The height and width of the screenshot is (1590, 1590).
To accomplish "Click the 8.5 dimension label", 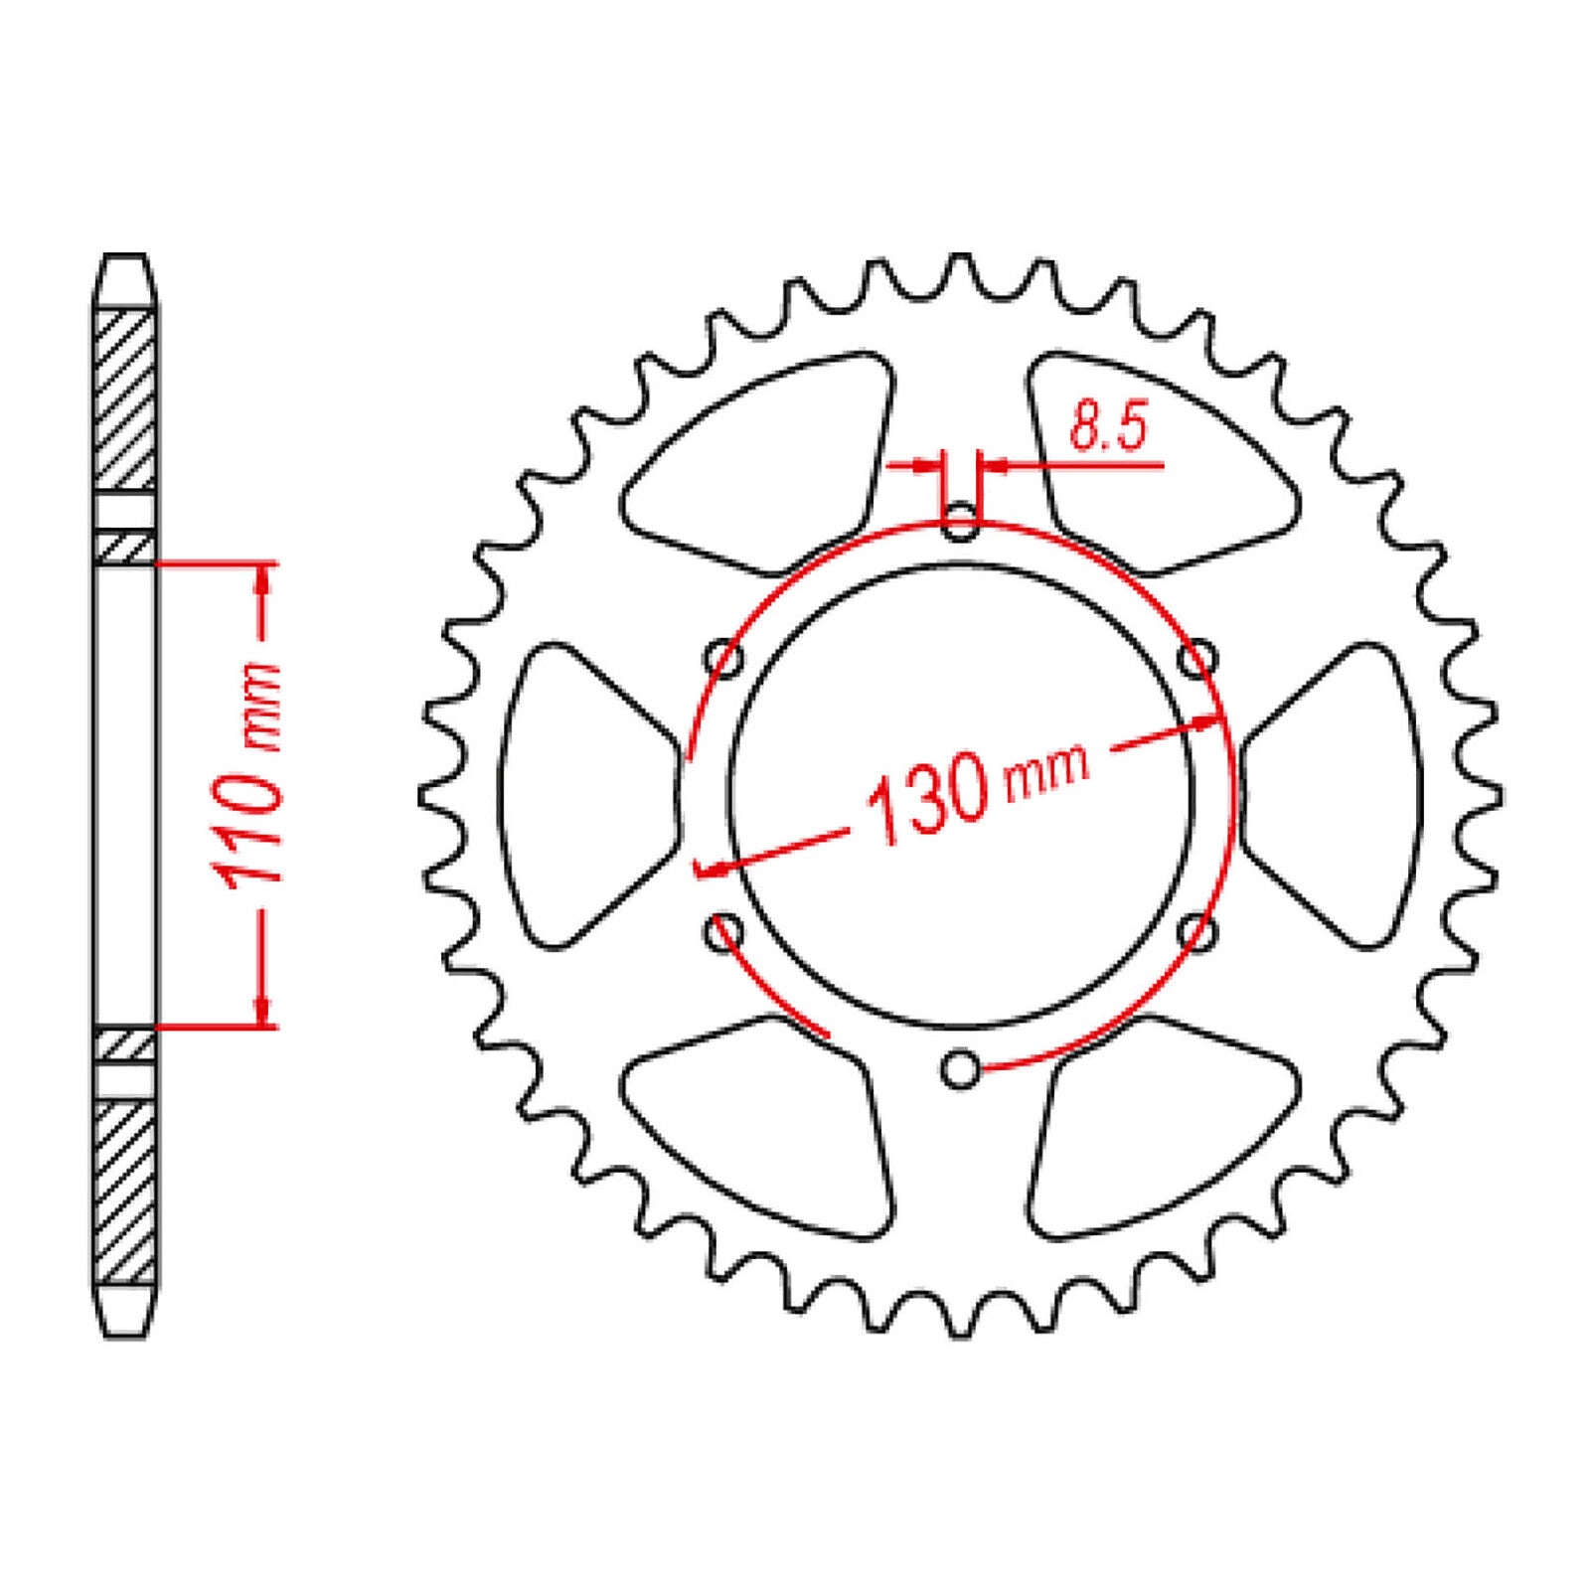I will point(1107,427).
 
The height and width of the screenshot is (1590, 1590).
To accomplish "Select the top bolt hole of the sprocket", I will point(960,524).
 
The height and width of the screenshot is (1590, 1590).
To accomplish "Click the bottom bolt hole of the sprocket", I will point(960,1069).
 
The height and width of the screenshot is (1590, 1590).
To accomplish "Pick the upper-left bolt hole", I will point(723,659).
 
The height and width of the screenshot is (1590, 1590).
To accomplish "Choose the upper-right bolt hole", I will point(1197,659).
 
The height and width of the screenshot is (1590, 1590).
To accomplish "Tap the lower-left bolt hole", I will point(723,932).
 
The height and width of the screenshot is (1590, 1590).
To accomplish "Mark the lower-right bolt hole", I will point(1197,932).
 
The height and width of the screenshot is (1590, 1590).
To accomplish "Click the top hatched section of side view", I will point(125,397).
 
